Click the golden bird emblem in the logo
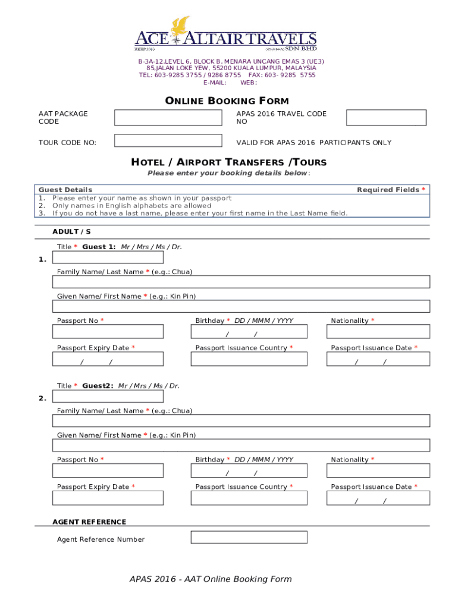coord(180,26)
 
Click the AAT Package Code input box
coord(167,118)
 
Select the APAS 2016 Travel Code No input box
coord(386,118)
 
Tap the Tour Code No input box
coord(167,141)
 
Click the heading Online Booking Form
coord(227,101)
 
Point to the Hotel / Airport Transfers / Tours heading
coord(228,162)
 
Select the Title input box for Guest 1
coord(108,258)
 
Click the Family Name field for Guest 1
coord(241,282)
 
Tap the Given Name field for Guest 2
coord(241,445)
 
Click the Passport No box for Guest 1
coord(108,332)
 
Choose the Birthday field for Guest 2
coord(249,471)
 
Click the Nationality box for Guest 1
coord(378,332)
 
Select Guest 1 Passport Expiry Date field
coord(108,359)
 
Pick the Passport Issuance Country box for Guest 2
coord(249,498)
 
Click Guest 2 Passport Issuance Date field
coord(378,498)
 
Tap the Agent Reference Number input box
coord(249,538)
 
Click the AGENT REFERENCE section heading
coord(89,522)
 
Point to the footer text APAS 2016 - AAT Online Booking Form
coord(211,579)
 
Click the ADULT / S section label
coord(71,231)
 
